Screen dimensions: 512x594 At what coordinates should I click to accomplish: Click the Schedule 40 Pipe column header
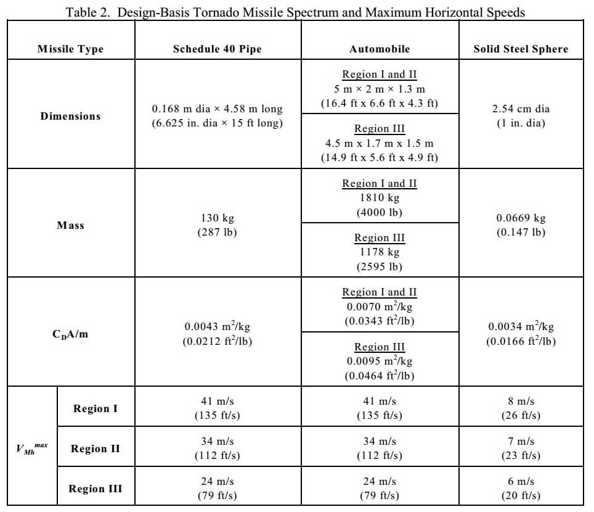(217, 49)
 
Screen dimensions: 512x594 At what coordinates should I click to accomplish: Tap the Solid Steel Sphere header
(521, 49)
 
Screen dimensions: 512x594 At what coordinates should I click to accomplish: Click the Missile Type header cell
(70, 49)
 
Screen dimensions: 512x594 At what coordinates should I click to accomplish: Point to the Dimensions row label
(70, 116)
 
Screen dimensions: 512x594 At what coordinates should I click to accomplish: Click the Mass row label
(70, 225)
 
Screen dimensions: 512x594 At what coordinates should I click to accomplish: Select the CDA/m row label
(70, 334)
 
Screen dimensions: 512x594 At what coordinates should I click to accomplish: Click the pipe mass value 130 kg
(217, 218)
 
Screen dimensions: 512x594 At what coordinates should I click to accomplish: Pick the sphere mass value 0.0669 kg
(521, 218)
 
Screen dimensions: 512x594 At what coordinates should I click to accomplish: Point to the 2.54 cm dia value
(521, 109)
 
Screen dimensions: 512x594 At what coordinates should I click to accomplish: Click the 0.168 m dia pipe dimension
(217, 109)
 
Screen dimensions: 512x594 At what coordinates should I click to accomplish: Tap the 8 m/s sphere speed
(521, 402)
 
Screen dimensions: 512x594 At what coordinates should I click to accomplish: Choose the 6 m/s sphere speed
(521, 482)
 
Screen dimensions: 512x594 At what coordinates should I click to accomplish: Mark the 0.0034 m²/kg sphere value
(521, 327)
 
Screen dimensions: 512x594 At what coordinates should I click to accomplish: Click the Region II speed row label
(95, 448)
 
